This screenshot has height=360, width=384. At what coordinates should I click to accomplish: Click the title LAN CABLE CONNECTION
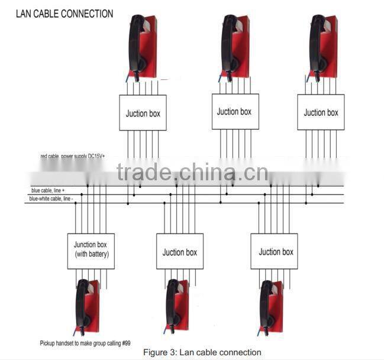click(64, 13)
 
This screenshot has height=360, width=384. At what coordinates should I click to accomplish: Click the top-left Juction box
click(143, 113)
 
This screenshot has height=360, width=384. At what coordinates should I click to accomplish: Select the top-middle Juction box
click(235, 111)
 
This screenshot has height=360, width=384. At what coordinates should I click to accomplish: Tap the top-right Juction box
click(321, 112)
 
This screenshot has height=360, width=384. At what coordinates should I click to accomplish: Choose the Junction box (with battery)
click(91, 251)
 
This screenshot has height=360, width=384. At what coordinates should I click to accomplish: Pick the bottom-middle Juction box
click(180, 252)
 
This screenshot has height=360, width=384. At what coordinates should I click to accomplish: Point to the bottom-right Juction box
click(274, 251)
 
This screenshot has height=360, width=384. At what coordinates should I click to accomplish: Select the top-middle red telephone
click(235, 46)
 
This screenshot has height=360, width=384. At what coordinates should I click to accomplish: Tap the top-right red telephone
click(322, 46)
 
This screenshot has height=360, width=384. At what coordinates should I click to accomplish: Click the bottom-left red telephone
click(87, 306)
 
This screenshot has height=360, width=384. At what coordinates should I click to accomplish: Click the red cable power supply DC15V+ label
click(76, 156)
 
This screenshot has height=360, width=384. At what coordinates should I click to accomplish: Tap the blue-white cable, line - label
click(52, 199)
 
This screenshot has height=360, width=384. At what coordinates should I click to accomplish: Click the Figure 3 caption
click(202, 352)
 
